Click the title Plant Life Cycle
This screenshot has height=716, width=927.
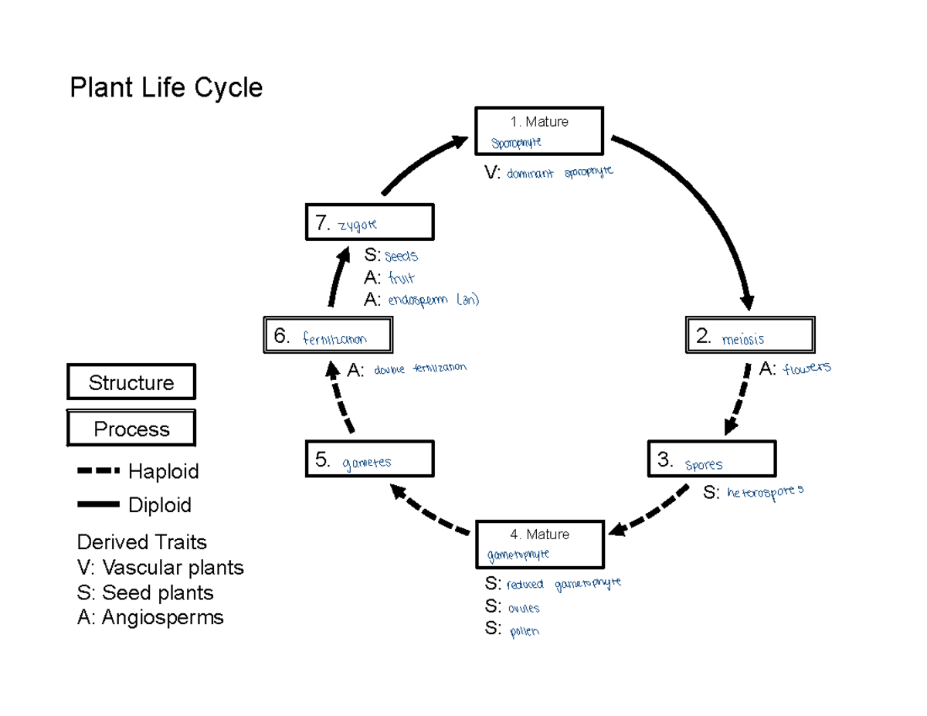(166, 87)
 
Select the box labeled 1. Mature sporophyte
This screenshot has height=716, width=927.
(539, 131)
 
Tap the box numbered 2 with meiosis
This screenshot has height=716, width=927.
(749, 336)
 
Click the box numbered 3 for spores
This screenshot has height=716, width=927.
(711, 460)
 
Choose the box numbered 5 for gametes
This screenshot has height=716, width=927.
(369, 460)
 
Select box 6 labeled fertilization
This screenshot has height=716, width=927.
(328, 336)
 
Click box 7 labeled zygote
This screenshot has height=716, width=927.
(369, 222)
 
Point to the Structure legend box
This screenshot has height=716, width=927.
(131, 383)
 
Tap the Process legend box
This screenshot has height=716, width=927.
(131, 429)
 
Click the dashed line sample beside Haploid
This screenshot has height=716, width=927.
(99, 470)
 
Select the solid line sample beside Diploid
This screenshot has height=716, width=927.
(99, 505)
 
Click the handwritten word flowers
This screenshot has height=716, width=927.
(806, 368)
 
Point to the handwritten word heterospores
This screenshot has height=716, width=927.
(765, 491)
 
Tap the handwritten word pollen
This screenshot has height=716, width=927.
(525, 631)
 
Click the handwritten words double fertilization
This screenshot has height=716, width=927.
(420, 368)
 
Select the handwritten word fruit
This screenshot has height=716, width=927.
(402, 278)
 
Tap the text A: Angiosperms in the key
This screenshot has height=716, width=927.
(151, 617)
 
